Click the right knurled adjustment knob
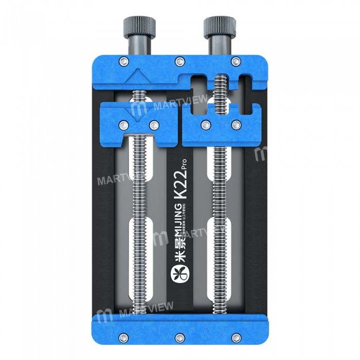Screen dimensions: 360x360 click(216, 25)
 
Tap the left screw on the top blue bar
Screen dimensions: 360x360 click(123, 62)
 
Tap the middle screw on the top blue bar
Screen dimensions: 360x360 click(179, 62)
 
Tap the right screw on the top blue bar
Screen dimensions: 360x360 click(236, 62)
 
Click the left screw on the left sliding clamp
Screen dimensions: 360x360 click(123, 124)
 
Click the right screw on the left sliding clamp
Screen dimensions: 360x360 click(153, 124)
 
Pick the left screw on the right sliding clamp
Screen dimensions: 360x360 click(206, 124)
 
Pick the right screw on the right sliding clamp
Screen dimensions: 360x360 click(236, 124)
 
